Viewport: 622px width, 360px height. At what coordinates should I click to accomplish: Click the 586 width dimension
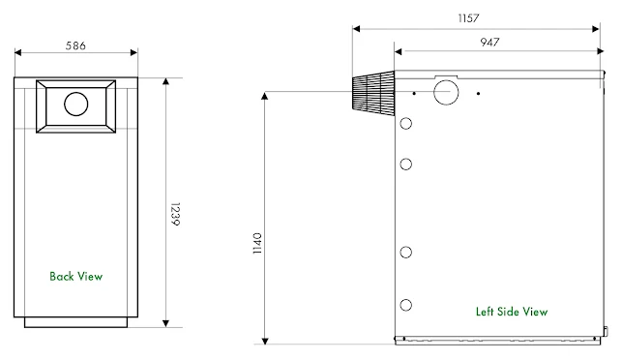click(75, 45)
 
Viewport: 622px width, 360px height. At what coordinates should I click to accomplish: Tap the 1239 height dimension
click(175, 214)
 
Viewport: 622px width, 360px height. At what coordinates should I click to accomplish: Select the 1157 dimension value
click(468, 18)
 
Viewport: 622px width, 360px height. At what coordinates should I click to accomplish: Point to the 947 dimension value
click(489, 42)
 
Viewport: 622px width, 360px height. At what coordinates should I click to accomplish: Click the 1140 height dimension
click(257, 243)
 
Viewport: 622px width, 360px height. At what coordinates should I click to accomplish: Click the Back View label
click(76, 276)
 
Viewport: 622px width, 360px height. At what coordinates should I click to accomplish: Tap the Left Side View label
click(512, 312)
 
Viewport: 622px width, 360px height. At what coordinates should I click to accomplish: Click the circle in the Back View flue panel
click(75, 104)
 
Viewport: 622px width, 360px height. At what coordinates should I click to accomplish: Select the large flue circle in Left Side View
click(446, 92)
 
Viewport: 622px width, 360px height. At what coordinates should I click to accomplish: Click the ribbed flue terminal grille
click(373, 93)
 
